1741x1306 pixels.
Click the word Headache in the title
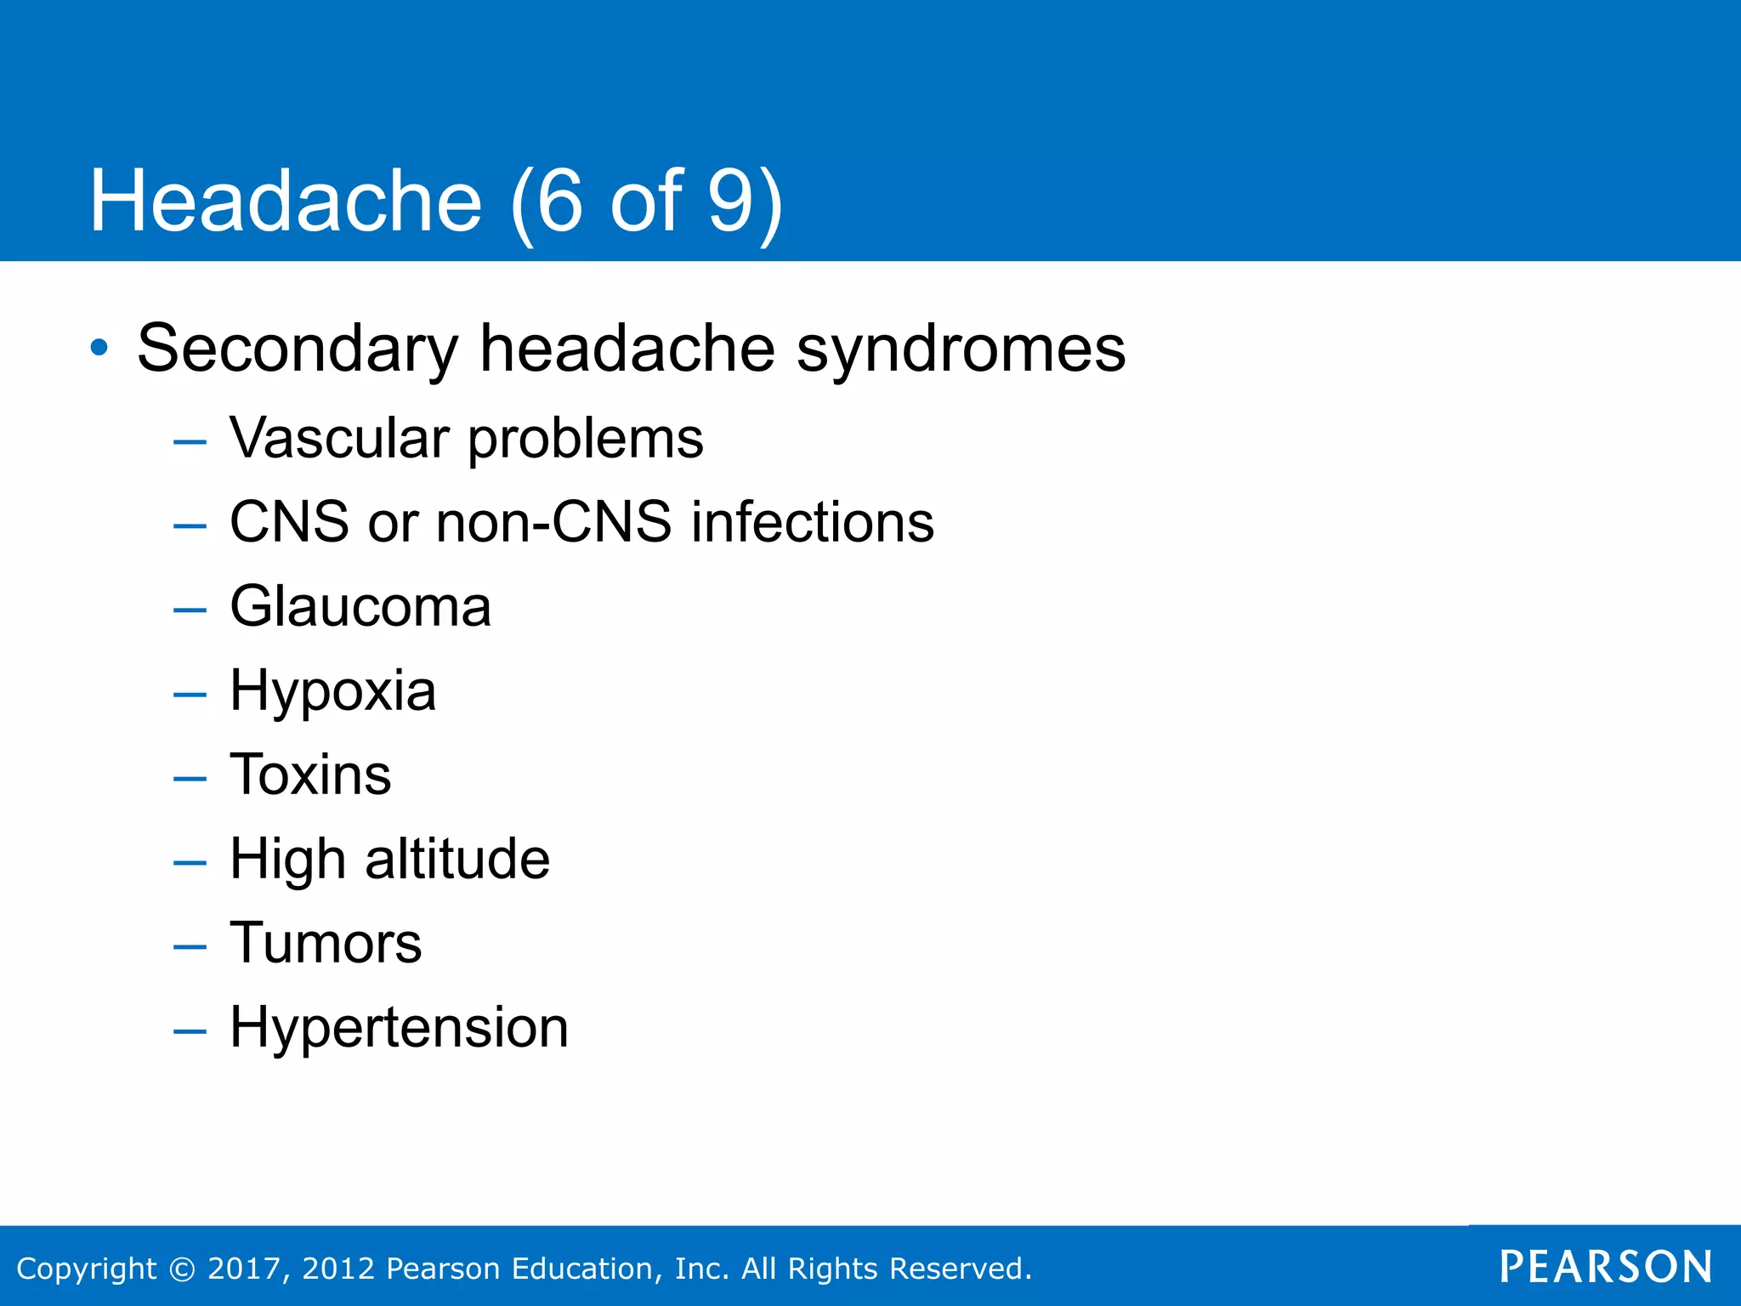(x=286, y=202)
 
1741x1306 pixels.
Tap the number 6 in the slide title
(x=559, y=202)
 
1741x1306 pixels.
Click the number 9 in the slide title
(x=729, y=202)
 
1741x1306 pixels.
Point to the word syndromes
(x=961, y=349)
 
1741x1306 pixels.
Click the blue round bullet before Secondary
(x=99, y=348)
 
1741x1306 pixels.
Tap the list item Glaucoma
(x=360, y=607)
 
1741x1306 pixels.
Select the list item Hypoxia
(x=332, y=690)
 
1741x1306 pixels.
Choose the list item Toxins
(x=311, y=775)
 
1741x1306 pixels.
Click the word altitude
(x=457, y=859)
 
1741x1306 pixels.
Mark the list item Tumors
(x=326, y=943)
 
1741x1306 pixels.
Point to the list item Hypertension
(x=399, y=1027)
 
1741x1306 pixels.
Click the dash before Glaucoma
(x=190, y=610)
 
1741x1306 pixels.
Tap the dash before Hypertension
(x=190, y=1031)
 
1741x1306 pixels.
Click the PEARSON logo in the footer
(x=1605, y=1267)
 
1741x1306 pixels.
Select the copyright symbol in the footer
(x=182, y=1269)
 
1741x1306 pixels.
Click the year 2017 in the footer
(x=243, y=1269)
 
